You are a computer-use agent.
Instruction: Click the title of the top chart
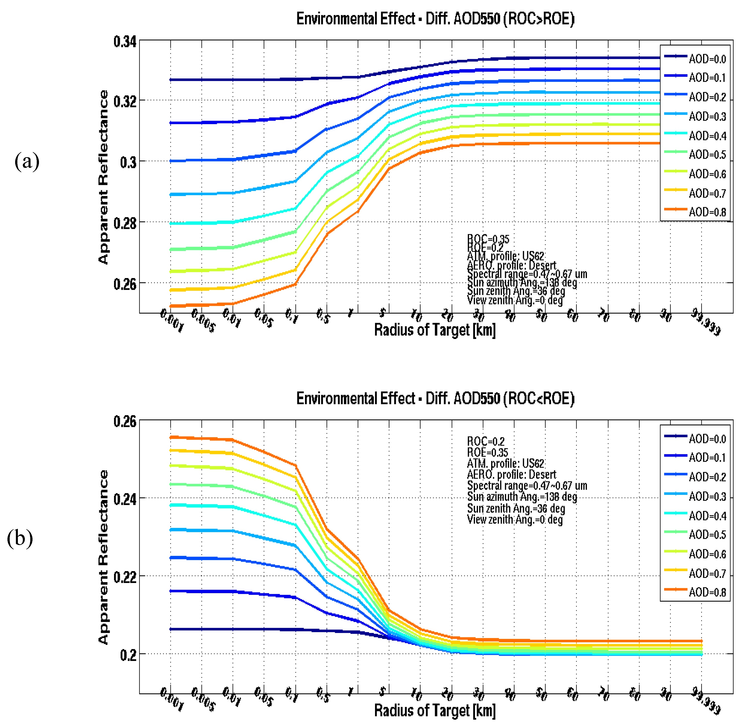[435, 19]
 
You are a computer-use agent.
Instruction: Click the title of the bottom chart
[435, 399]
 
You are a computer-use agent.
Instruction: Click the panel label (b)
[20, 538]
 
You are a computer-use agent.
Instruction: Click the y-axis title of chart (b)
[103, 557]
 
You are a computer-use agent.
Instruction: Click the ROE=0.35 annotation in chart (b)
[487, 453]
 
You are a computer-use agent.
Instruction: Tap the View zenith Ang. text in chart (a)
[514, 300]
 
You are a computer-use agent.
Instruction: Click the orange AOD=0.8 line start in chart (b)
[171, 437]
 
